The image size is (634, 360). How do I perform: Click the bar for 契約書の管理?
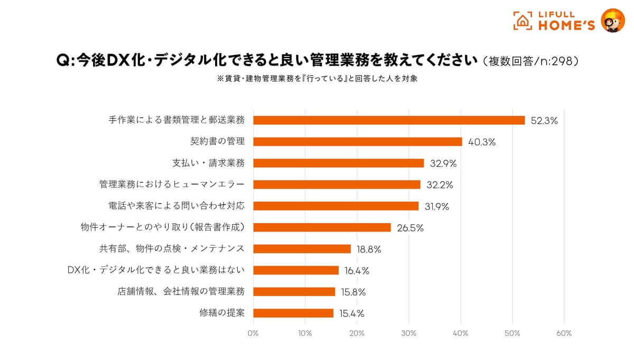click(x=358, y=142)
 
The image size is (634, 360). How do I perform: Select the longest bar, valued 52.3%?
click(x=389, y=120)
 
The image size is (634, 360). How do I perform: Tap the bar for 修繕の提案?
click(x=293, y=313)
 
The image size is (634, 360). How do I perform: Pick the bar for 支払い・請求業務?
click(x=339, y=163)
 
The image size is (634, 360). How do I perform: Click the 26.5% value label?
click(x=410, y=228)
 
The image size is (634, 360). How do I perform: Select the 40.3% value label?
click(x=481, y=142)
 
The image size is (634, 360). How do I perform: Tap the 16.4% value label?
click(x=357, y=271)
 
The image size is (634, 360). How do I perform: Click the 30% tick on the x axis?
click(x=408, y=334)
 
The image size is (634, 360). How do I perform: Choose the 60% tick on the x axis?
click(x=564, y=334)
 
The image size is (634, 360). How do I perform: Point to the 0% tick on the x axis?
click(x=253, y=334)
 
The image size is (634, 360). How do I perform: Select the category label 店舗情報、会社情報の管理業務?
click(x=181, y=291)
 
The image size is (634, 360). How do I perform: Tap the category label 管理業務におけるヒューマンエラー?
click(x=172, y=184)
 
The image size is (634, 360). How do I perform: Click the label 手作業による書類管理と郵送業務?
click(x=176, y=120)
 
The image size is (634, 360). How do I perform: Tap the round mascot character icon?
click(x=612, y=21)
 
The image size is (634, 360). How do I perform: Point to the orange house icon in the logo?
click(x=523, y=21)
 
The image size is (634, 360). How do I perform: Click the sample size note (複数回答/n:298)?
click(x=529, y=61)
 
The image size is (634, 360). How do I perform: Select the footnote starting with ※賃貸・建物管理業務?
click(x=318, y=78)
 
